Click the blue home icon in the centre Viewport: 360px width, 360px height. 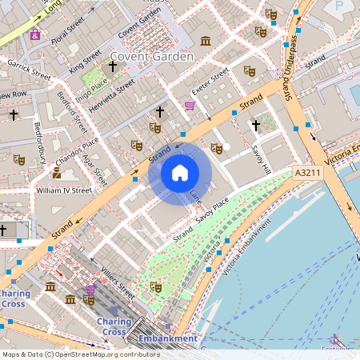[x=180, y=172]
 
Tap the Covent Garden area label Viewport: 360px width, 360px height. [x=152, y=57]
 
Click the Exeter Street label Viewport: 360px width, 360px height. [x=209, y=80]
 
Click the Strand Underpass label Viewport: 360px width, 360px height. [x=290, y=56]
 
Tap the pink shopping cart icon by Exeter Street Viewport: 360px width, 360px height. [x=190, y=106]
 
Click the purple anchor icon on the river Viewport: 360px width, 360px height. [x=335, y=338]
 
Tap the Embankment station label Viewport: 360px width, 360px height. [x=167, y=338]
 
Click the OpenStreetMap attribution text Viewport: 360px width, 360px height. [x=81, y=354]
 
